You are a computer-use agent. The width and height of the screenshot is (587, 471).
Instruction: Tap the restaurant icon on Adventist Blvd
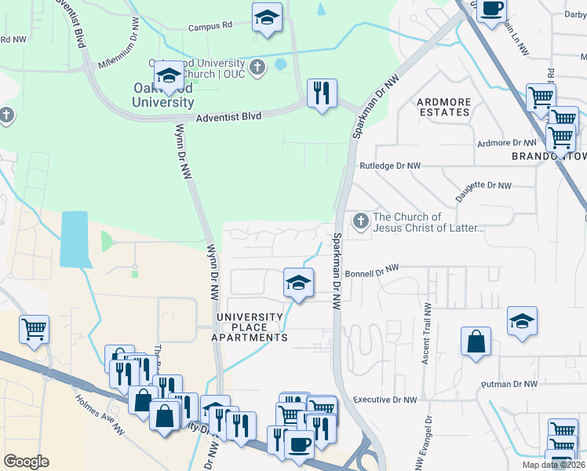[x=322, y=94]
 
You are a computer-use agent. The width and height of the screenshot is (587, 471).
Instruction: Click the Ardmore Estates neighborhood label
[x=443, y=107]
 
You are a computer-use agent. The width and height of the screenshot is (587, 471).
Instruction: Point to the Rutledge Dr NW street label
[x=390, y=166]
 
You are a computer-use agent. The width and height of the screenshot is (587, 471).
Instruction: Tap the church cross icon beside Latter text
[x=361, y=222]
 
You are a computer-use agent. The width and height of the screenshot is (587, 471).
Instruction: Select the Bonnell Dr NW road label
[x=373, y=268]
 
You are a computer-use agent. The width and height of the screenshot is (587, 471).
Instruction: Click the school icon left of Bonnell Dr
[x=298, y=283]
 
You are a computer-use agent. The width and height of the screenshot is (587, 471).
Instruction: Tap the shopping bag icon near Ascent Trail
[x=476, y=342]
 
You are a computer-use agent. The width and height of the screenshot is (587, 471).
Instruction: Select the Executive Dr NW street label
[x=385, y=400]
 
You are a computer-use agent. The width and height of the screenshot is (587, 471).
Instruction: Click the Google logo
[x=26, y=462]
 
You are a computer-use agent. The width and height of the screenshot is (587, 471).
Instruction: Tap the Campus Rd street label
[x=210, y=26]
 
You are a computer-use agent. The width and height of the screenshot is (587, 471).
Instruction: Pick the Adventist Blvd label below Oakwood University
[x=228, y=115]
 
